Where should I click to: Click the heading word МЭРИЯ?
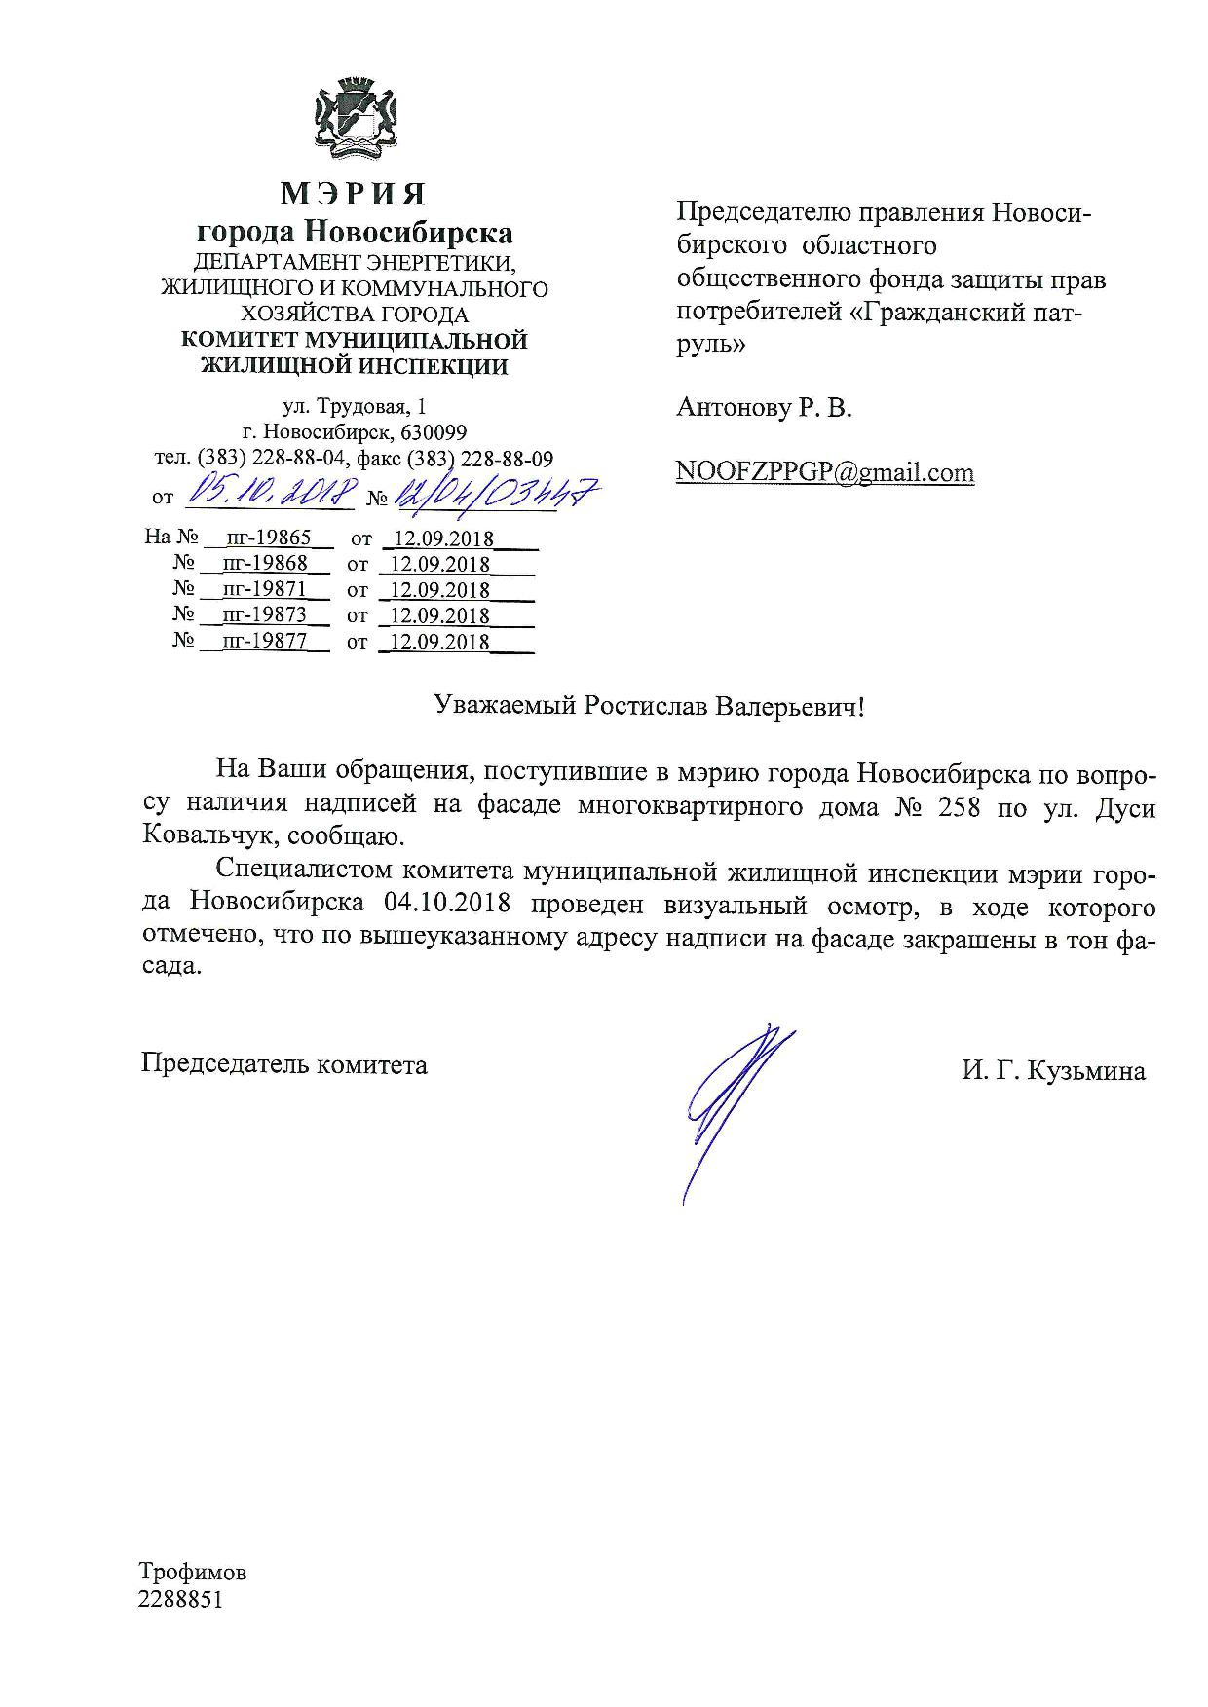coord(354,194)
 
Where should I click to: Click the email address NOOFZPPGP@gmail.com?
coord(825,472)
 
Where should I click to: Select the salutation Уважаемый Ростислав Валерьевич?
coord(649,706)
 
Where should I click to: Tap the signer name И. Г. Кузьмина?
coord(1053,1071)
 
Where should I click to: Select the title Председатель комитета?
coord(284,1064)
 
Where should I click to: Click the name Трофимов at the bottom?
coord(193,1572)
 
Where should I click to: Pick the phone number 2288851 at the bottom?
coord(181,1599)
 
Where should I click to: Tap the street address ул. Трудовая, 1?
coord(354,406)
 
